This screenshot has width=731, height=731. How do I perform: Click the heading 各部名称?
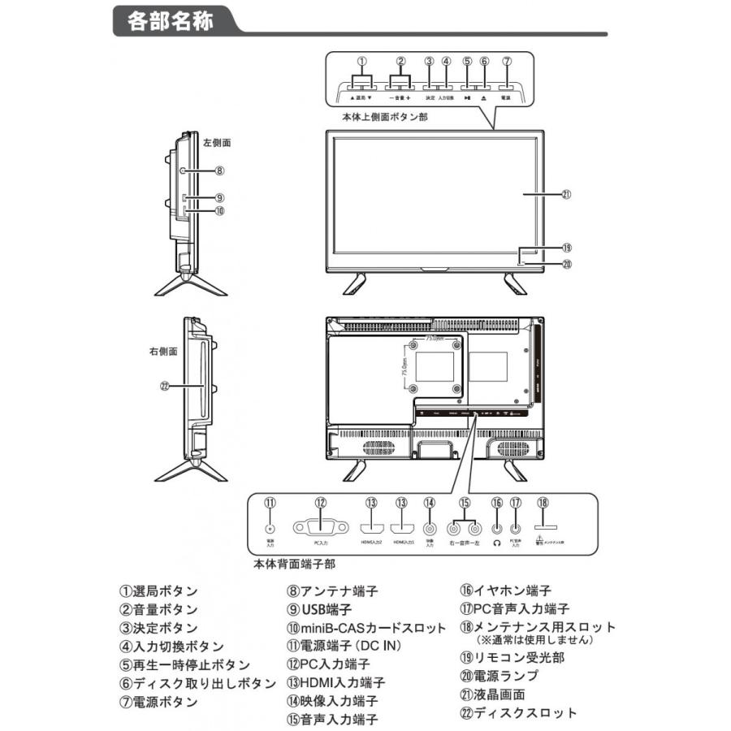(171, 23)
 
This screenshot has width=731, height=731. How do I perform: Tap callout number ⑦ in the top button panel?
(506, 62)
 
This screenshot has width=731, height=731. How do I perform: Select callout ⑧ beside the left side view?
(219, 171)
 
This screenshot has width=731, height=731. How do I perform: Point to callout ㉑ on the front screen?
(567, 195)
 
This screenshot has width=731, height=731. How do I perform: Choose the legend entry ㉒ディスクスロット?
(518, 712)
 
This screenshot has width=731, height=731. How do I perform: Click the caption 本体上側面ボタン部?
(385, 117)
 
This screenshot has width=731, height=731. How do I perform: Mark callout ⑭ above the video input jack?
(430, 504)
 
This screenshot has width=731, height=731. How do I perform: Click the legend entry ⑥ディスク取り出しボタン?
(197, 684)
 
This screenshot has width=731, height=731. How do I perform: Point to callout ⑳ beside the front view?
(567, 264)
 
